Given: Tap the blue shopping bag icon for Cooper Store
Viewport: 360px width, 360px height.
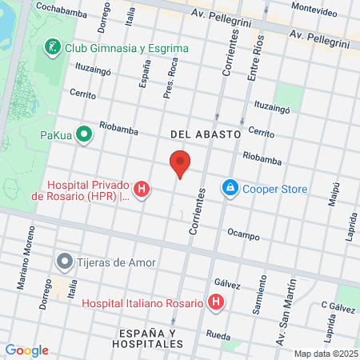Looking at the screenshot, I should coord(230,187).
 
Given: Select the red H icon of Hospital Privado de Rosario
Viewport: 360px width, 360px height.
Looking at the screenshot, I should coord(142,189).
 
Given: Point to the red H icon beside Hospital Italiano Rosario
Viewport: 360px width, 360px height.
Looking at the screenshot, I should coord(215,302).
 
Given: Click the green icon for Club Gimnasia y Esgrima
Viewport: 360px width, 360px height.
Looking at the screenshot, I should coord(52,46).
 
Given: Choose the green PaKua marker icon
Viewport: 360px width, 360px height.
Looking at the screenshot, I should coord(82,134).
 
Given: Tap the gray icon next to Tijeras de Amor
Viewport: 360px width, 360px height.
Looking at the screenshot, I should coord(64,261).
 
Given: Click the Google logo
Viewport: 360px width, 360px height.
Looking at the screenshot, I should coord(26,350).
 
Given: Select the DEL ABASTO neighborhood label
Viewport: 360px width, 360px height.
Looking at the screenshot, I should coord(206,135).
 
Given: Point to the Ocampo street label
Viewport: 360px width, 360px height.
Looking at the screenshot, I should coord(243,236).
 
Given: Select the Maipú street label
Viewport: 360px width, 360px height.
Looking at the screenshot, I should coord(332,196).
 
